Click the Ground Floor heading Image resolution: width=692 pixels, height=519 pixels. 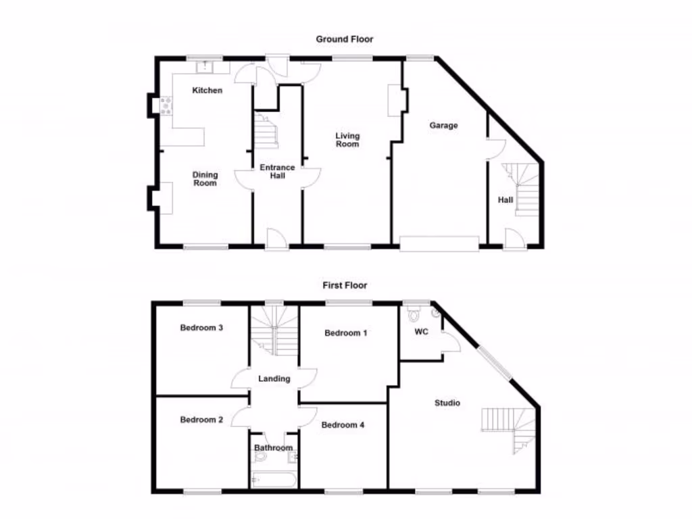pos(345,39)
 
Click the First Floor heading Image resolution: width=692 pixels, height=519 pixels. pos(345,286)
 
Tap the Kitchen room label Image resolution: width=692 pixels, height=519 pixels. pos(207,91)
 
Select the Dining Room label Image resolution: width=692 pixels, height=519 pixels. pos(205,179)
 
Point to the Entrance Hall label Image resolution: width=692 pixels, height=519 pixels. pos(278,172)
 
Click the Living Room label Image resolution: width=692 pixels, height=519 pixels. pos(347,140)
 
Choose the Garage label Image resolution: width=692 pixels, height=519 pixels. pos(443,125)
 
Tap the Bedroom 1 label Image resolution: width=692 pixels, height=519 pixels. pos(346,333)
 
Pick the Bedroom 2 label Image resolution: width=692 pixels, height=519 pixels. pos(201,420)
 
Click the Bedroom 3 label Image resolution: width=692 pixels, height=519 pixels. pos(201,328)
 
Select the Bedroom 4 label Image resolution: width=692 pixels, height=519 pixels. pos(343,425)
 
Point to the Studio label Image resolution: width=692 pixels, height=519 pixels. pos(447,403)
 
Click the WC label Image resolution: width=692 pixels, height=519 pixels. pos(422,332)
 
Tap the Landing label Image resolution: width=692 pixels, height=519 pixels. pos(274,379)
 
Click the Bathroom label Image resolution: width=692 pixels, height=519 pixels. pos(274,448)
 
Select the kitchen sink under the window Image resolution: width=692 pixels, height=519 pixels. pos(204,66)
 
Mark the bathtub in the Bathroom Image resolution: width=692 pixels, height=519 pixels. pos(274,480)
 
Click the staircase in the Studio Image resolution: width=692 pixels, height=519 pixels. pos(510,429)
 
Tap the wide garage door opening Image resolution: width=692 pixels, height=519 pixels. pos(439,243)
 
